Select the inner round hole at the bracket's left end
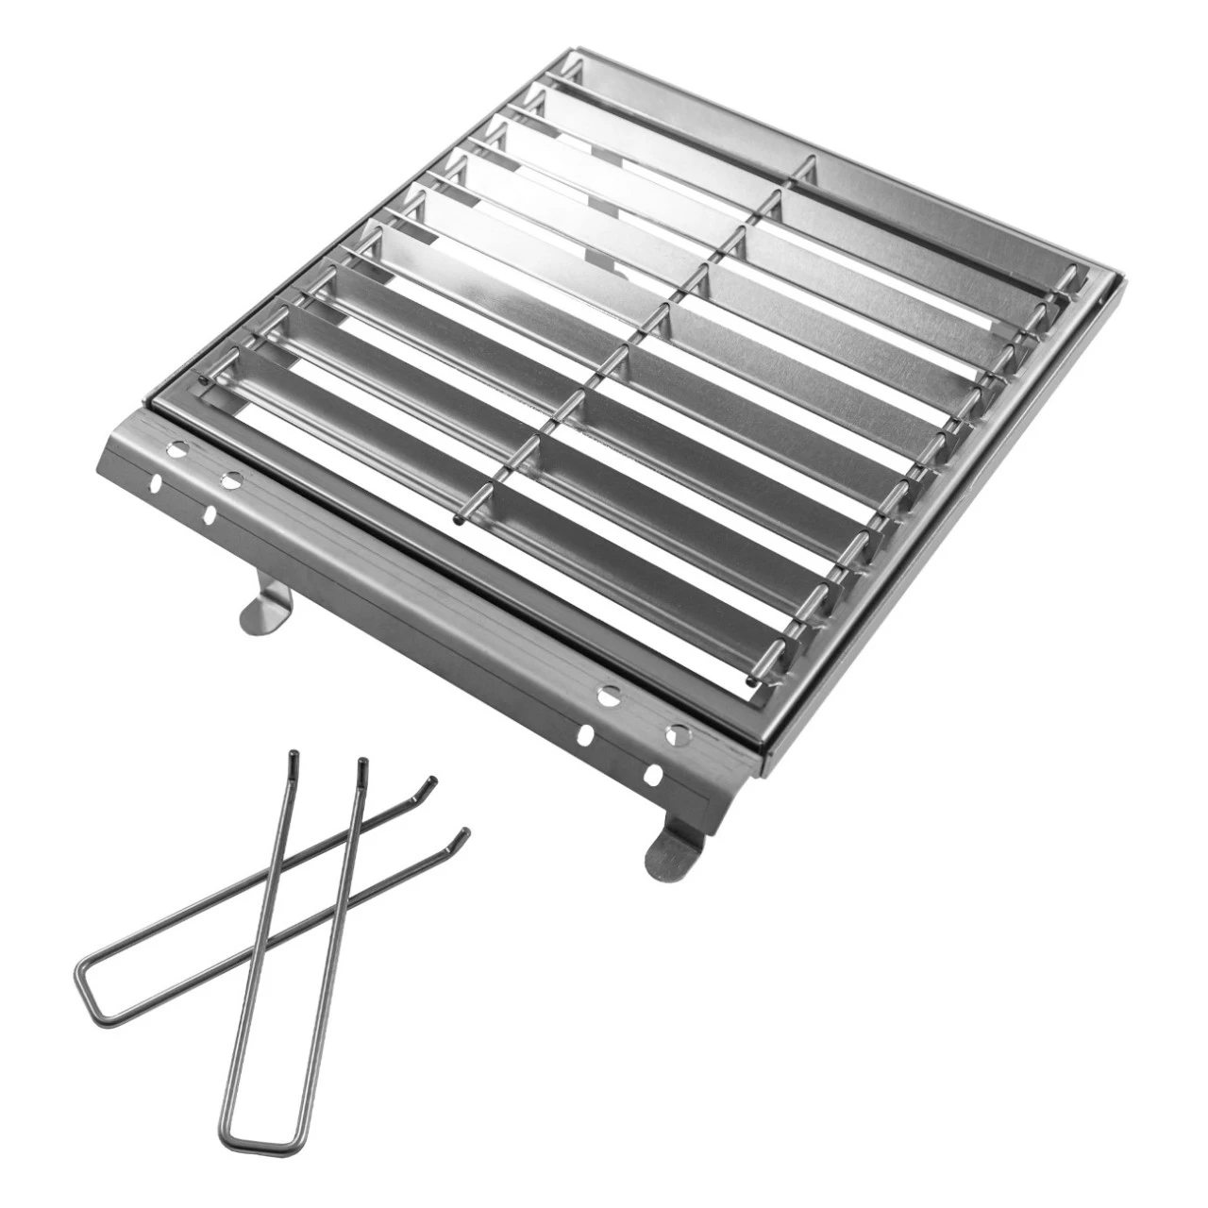pos(229,479)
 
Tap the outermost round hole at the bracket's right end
pos(676,733)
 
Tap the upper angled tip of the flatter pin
pos(432,781)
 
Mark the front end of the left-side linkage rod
pos(203,378)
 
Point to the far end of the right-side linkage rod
pos(1073,274)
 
